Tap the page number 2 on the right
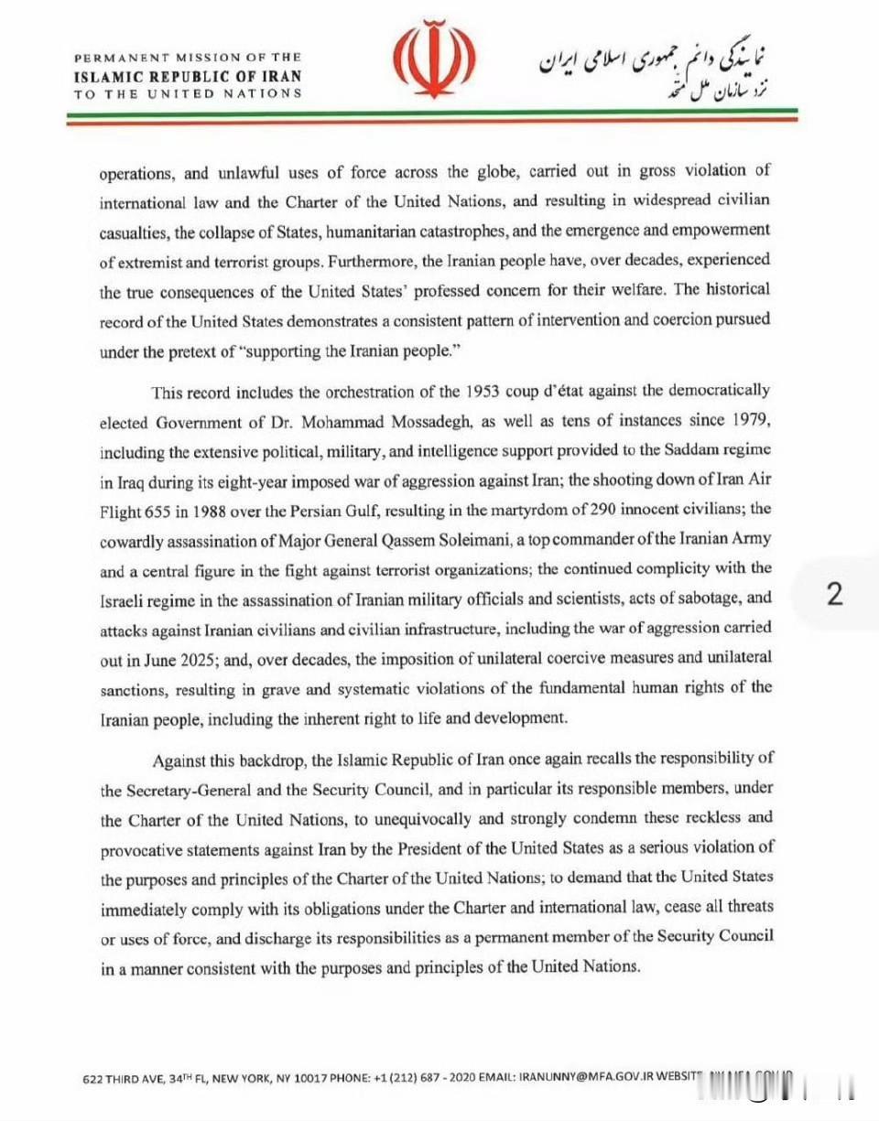(834, 595)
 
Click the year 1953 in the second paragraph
(482, 392)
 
